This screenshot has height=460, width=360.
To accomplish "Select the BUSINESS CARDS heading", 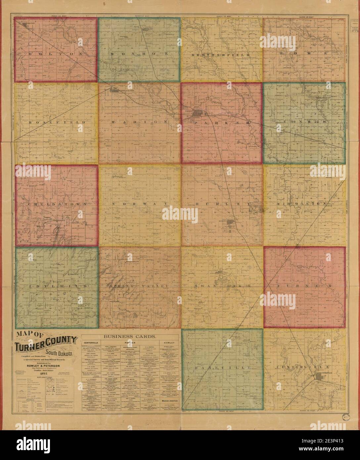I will click(x=130, y=336).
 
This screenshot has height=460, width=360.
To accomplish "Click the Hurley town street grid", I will click(x=230, y=225).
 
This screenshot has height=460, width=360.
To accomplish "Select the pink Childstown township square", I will click(x=57, y=205).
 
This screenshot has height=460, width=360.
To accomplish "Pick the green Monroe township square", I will click(x=139, y=50).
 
